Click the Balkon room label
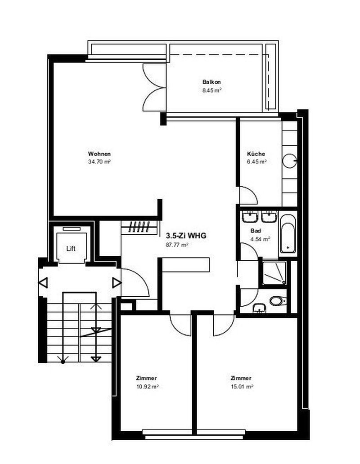click(x=211, y=82)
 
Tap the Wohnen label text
click(x=99, y=154)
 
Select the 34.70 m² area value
click(x=99, y=161)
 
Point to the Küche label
click(x=256, y=153)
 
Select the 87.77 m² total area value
click(x=177, y=245)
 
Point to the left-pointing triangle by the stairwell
click(x=43, y=282)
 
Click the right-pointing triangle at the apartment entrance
click(x=117, y=282)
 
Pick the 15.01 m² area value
click(x=241, y=386)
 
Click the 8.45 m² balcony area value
click(x=211, y=90)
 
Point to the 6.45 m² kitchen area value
click(x=256, y=161)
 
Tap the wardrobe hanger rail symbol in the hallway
click(x=139, y=226)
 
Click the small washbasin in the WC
click(x=259, y=308)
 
